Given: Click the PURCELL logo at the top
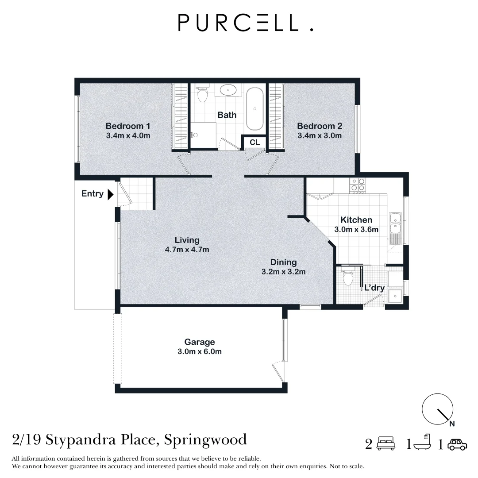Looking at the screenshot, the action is coord(245,23).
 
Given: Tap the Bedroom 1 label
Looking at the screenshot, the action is coord(128,126).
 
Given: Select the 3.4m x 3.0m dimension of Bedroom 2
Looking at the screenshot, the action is coord(320,136).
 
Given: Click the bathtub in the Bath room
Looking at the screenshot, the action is coord(254,109).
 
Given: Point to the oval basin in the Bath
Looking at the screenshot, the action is coord(228,90).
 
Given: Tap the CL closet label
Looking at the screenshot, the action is coord(254,143).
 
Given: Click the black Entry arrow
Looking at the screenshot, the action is coord(111,194).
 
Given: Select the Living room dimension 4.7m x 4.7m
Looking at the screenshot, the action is coord(187,250).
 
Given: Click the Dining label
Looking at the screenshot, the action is coord(284,262).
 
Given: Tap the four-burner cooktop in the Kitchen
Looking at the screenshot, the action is coord(357,185).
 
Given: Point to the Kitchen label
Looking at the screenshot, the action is coord(356,220).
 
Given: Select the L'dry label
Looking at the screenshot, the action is coord(374,288).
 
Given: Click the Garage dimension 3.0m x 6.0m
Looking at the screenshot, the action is coord(199,351).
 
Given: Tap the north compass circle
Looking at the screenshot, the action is coord(437,409).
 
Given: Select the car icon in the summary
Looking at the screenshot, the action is coord(457,444).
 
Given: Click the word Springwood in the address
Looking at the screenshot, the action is coord(205,440).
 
